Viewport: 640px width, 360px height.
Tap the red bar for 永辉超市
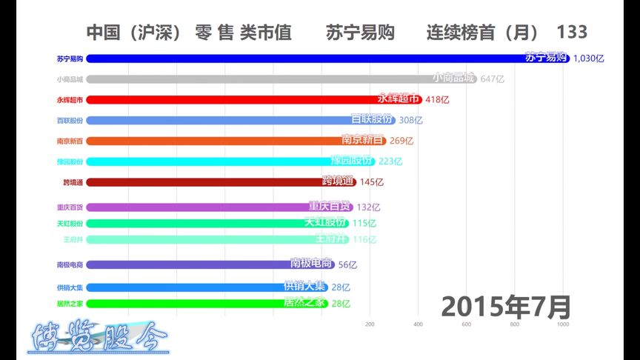click(x=237, y=99)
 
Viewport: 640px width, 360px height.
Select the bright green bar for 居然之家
click(x=193, y=303)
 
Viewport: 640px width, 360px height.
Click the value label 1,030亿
click(x=589, y=58)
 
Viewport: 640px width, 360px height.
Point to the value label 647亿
click(x=492, y=79)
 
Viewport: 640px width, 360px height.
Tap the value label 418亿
click(x=437, y=99)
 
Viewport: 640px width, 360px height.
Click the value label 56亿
click(x=347, y=264)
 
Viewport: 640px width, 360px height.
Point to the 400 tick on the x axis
click(x=418, y=324)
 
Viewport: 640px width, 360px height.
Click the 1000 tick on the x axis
click(x=563, y=324)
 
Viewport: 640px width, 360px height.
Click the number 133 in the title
click(x=572, y=32)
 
